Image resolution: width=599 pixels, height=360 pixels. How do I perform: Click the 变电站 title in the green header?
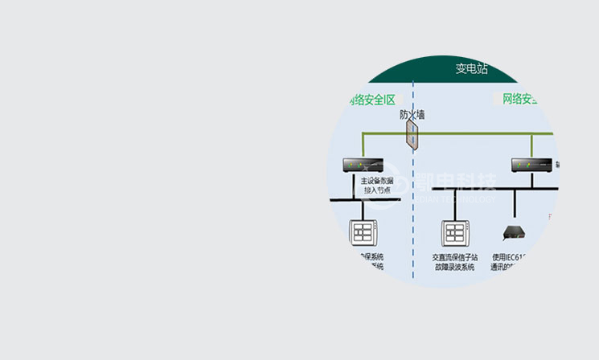click(471, 69)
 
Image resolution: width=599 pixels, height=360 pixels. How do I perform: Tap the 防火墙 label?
click(412, 115)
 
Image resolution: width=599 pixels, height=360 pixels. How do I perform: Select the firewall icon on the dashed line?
click(412, 137)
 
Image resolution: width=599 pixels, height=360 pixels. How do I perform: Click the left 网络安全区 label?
click(372, 100)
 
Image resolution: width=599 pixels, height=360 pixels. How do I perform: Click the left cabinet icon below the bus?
click(363, 233)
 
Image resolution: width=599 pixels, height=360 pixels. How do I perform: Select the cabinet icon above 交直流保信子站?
click(455, 233)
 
